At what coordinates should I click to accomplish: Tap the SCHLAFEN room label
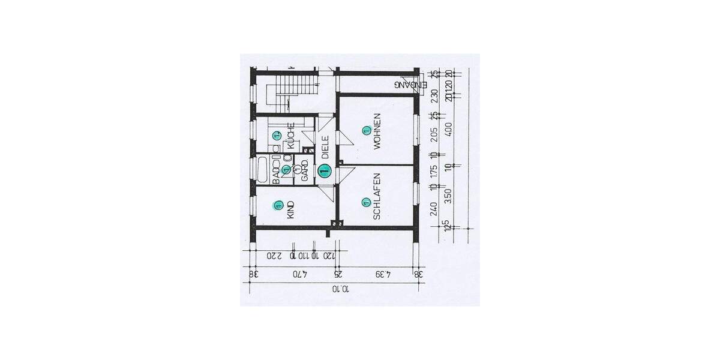pyautogui.click(x=377, y=197)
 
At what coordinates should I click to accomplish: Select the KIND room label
pyautogui.click(x=291, y=209)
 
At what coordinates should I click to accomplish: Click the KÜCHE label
pyautogui.click(x=291, y=137)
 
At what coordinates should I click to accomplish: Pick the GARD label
pyautogui.click(x=305, y=170)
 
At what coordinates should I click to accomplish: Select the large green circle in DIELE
pyautogui.click(x=325, y=171)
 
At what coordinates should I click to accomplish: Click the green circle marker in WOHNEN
pyautogui.click(x=365, y=130)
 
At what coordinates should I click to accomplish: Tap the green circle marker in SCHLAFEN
pyautogui.click(x=365, y=203)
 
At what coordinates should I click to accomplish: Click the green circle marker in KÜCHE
pyautogui.click(x=277, y=136)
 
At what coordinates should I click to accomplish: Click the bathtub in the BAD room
pyautogui.click(x=262, y=170)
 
